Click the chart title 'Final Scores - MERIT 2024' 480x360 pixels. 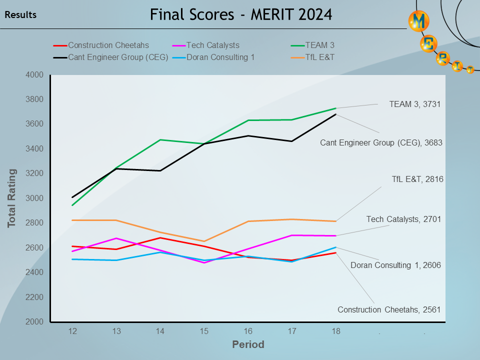(x=240, y=14)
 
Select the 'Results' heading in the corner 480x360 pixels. (x=20, y=15)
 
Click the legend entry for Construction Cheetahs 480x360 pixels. (x=108, y=45)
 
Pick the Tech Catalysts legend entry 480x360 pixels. (x=212, y=45)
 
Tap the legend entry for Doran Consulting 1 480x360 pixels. (x=220, y=57)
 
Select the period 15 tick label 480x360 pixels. (x=203, y=331)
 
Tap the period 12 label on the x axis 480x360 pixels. (x=72, y=331)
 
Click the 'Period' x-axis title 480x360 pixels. (x=248, y=344)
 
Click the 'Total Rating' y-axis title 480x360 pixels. (x=12, y=198)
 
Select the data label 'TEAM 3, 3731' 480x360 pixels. (x=415, y=104)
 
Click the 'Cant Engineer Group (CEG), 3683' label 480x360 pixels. (x=381, y=142)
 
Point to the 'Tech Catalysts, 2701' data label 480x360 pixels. (x=403, y=219)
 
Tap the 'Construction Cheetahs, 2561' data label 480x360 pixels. (x=389, y=309)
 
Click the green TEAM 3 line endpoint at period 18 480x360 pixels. (x=335, y=108)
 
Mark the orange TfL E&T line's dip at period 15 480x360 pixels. (x=204, y=241)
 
